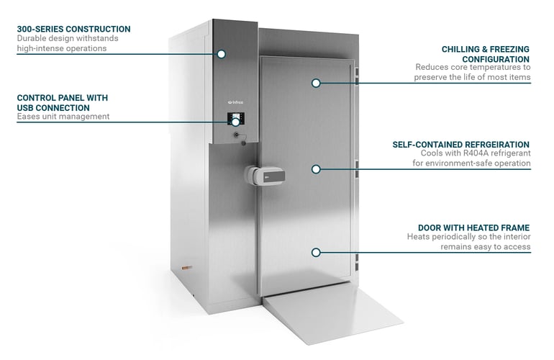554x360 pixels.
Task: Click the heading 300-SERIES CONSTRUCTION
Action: pos(73,29)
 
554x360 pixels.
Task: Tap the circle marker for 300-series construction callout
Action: pos(221,54)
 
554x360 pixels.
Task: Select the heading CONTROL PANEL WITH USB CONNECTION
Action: pos(58,102)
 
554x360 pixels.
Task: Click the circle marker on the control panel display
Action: pos(235,122)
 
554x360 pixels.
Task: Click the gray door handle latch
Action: pos(264,175)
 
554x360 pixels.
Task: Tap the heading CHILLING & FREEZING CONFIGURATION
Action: pos(486,54)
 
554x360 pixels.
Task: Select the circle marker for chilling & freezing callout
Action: pos(315,83)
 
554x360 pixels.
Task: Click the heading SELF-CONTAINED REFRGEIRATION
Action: pos(461,144)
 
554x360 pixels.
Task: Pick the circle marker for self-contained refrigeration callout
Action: pos(315,168)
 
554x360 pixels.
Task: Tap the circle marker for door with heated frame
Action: pos(315,252)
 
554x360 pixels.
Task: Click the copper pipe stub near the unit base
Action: pos(189,267)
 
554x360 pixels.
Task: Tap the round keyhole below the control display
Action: pos(235,135)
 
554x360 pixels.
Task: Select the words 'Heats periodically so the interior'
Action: pos(468,237)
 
